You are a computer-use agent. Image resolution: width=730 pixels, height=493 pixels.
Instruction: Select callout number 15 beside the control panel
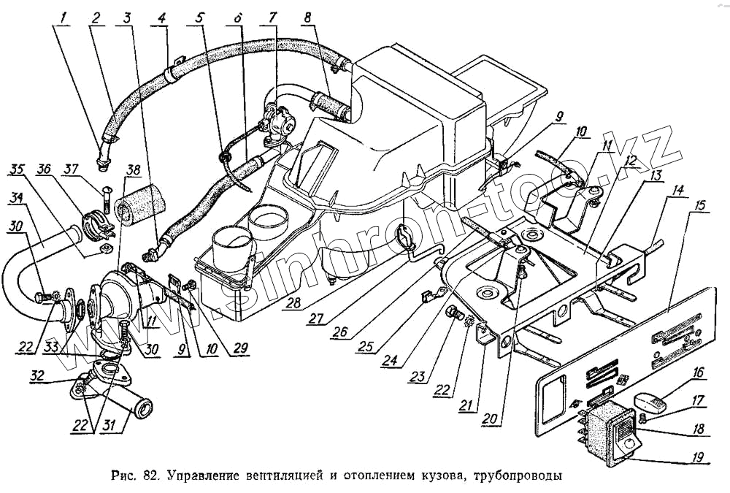click(x=700, y=207)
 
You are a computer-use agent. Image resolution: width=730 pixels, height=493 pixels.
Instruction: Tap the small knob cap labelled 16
click(x=648, y=402)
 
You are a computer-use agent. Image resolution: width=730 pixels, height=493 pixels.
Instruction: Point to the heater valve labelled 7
click(x=277, y=118)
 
